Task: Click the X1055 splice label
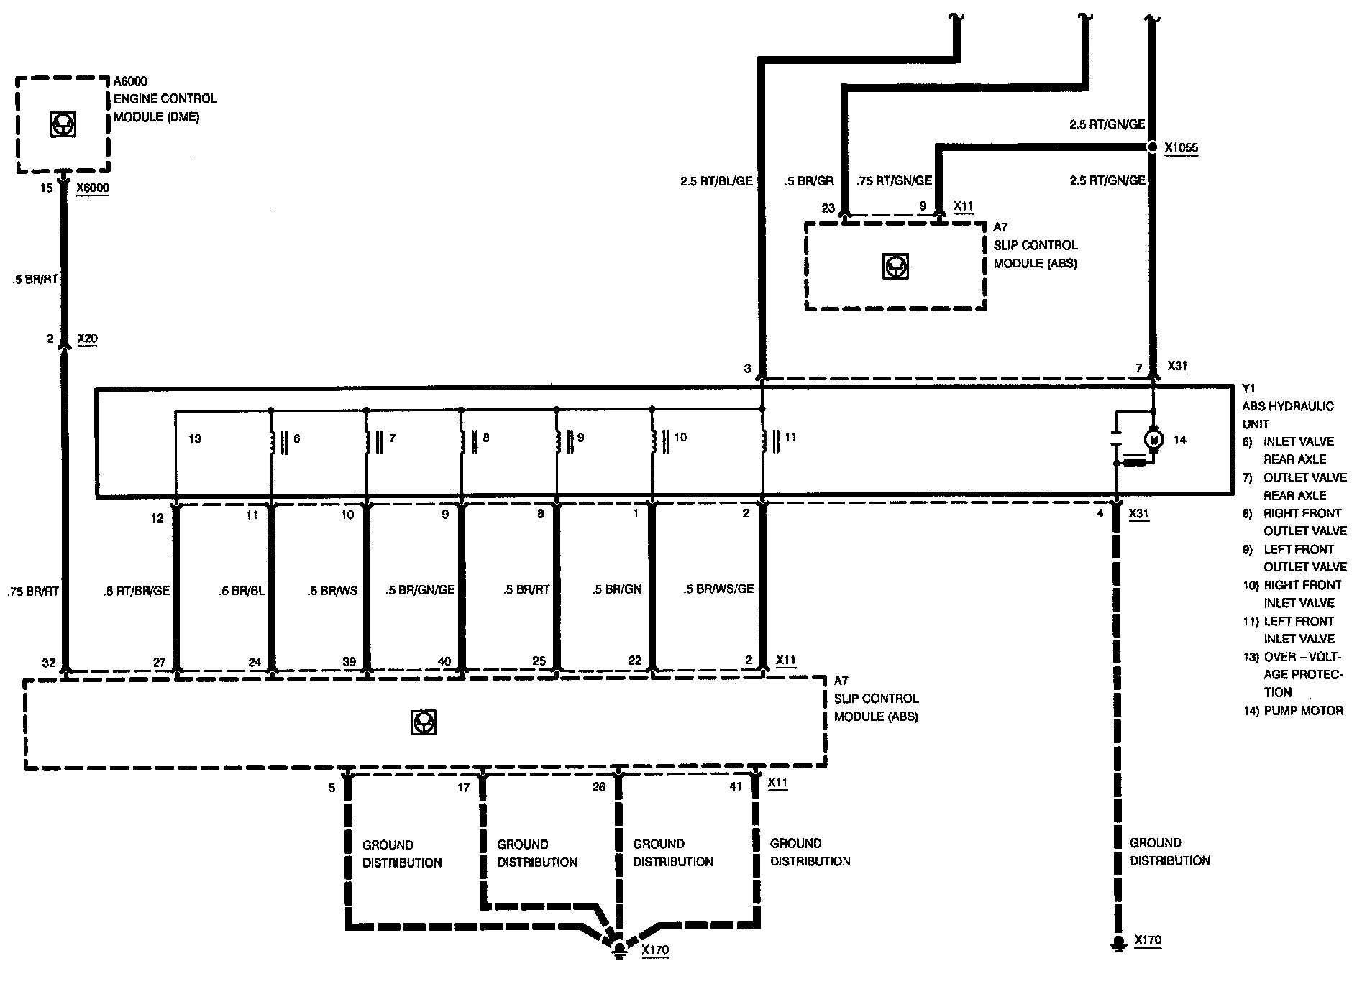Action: (1181, 148)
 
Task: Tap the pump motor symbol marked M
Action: (1153, 438)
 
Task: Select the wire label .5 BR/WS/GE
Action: (718, 589)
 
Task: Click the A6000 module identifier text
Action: (130, 81)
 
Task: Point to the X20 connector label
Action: (86, 339)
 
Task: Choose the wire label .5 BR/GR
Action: (809, 181)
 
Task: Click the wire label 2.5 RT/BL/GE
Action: (716, 181)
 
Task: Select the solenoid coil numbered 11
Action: (763, 441)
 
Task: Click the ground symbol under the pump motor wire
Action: (1117, 944)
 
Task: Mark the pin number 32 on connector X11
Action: (48, 663)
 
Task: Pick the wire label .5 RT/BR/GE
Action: (136, 590)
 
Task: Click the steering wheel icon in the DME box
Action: (63, 124)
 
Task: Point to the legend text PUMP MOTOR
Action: (1303, 711)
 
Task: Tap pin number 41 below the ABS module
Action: (735, 787)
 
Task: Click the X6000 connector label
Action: (93, 188)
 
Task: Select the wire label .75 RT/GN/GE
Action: (895, 181)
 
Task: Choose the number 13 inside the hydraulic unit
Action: (194, 438)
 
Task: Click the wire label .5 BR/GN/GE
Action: (421, 590)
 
